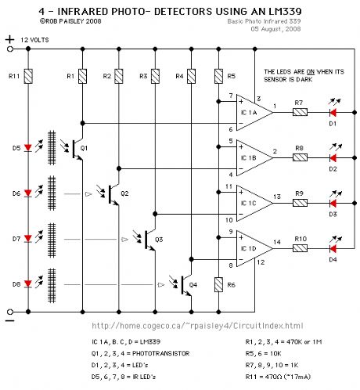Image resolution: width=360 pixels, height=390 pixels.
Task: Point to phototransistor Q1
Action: point(74,148)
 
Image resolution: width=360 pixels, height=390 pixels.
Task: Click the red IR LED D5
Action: point(28,146)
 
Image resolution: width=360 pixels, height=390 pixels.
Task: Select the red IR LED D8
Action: point(28,282)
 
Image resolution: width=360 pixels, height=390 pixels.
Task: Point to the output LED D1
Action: point(333,113)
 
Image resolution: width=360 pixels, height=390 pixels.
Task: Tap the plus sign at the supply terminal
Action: point(9,38)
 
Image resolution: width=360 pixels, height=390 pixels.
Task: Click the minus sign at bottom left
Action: point(9,320)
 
